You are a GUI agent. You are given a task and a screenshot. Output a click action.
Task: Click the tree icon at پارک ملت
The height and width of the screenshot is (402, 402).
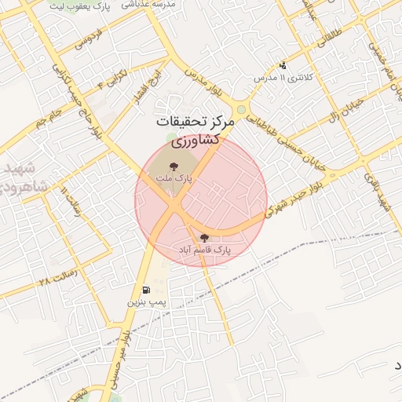(173, 166)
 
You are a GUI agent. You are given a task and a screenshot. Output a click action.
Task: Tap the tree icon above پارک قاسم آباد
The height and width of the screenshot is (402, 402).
(205, 238)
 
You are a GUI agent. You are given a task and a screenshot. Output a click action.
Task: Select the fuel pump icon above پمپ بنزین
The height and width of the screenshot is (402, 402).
(145, 290)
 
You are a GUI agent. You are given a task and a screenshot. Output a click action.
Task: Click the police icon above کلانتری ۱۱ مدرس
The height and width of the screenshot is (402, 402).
(283, 66)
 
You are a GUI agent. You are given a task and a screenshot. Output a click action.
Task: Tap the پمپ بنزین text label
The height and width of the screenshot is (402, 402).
(145, 301)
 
